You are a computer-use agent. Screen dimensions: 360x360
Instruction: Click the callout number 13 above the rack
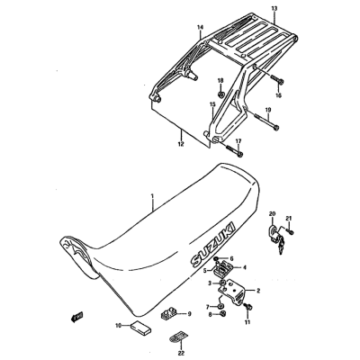(274, 8)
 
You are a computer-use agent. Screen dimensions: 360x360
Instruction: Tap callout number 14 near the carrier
(200, 27)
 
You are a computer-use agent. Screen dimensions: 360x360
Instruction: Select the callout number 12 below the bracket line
(181, 143)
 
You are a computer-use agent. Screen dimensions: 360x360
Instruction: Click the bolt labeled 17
(233, 150)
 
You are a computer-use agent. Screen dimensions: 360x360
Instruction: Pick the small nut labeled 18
(220, 94)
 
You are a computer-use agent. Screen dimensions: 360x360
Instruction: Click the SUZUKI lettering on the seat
(213, 245)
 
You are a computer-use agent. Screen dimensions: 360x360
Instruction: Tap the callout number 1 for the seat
(152, 196)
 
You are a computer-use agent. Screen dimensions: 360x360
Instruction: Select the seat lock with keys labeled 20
(275, 238)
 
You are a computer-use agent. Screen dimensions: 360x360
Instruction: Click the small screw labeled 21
(290, 231)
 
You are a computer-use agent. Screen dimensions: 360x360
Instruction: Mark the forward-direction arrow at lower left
(76, 317)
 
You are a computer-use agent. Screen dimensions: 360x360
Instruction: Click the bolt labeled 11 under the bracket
(248, 307)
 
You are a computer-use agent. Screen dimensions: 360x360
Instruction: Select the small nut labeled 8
(223, 313)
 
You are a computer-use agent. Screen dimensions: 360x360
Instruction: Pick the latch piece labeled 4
(224, 266)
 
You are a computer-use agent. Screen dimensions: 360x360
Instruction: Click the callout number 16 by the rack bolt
(278, 95)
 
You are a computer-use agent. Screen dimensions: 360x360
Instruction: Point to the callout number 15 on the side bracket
(212, 104)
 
